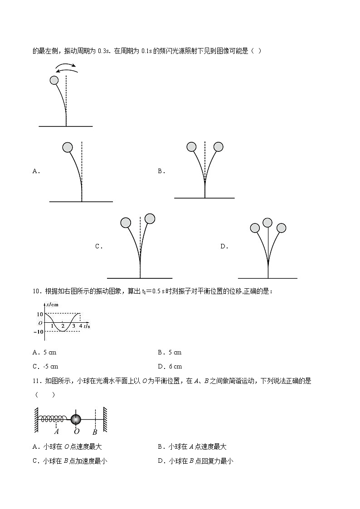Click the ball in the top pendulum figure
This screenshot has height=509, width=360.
point(54,80)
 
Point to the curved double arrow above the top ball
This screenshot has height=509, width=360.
point(66,68)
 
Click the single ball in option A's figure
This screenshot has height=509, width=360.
point(68,147)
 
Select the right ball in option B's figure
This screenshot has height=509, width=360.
point(219,147)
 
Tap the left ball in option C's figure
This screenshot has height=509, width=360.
point(126,223)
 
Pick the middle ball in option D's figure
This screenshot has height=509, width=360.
point(268,223)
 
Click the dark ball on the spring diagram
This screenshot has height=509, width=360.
point(76,419)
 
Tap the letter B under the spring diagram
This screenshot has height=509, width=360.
point(95,432)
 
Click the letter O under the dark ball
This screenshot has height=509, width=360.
point(77,432)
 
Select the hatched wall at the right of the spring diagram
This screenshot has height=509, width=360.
point(105,419)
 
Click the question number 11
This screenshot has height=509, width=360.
point(37,381)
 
